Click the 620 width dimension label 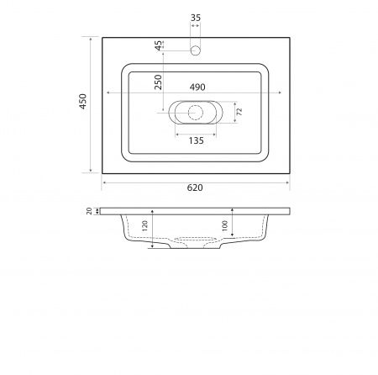195,187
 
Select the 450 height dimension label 83,102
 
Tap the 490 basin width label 197,87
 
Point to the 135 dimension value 196,140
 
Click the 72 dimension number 239,112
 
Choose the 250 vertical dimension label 158,82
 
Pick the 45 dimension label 159,45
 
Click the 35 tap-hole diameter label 196,18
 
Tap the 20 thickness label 89,211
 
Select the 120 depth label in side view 144,226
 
